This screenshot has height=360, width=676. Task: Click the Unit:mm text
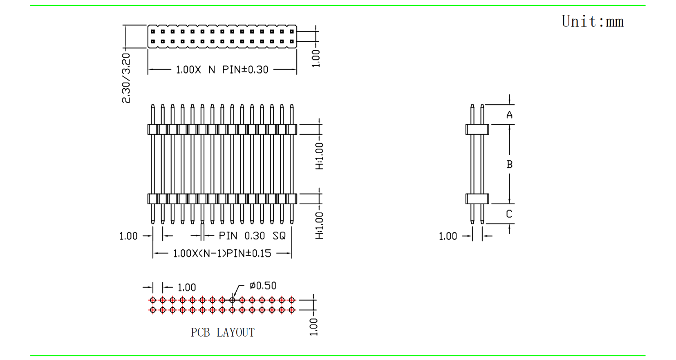click(593, 21)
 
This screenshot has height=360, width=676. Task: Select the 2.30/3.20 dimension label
click(126, 78)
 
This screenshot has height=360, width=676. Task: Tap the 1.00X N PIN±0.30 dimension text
click(222, 70)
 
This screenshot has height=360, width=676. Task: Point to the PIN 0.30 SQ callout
click(252, 236)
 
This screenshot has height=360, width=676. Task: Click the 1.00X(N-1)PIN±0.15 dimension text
click(222, 254)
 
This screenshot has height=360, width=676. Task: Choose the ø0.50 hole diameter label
click(263, 286)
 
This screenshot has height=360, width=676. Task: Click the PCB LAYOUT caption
click(222, 333)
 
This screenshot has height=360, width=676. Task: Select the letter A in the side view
click(509, 115)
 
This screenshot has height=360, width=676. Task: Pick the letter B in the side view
click(509, 164)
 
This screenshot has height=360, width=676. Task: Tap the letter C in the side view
click(509, 214)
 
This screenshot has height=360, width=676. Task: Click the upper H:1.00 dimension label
click(319, 156)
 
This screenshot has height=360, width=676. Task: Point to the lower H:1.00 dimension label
click(319, 226)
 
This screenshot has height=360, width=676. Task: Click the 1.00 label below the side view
click(448, 236)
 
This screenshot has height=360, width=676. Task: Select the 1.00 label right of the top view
click(316, 58)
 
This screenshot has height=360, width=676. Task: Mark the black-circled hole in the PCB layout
click(232, 300)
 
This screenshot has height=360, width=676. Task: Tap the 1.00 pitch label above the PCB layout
click(187, 288)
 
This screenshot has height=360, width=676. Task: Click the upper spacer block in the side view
click(477, 130)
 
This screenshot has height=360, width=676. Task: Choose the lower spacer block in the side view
click(477, 199)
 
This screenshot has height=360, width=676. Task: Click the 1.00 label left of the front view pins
click(128, 236)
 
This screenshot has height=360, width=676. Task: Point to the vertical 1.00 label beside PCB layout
click(313, 327)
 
